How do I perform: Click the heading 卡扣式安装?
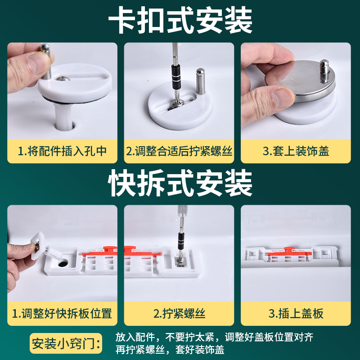tap(180, 20)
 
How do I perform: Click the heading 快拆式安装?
tap(180, 183)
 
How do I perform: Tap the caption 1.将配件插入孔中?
tap(62, 151)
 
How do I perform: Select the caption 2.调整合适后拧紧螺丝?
tap(179, 151)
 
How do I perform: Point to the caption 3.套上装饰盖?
tap(296, 151)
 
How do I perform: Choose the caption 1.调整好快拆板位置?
tap(62, 313)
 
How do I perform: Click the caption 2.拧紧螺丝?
tap(179, 313)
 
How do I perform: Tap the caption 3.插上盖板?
tap(296, 313)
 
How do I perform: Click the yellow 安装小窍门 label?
tap(66, 343)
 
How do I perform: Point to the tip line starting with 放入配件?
tap(214, 337)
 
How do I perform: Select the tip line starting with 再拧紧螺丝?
tap(170, 350)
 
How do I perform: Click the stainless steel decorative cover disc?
tap(301, 81)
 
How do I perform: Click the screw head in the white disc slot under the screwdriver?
tap(176, 104)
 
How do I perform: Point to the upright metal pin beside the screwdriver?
tap(200, 81)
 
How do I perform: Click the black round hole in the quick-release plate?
tap(63, 263)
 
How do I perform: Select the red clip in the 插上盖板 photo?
tap(290, 252)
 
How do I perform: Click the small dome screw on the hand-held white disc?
tap(63, 78)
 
